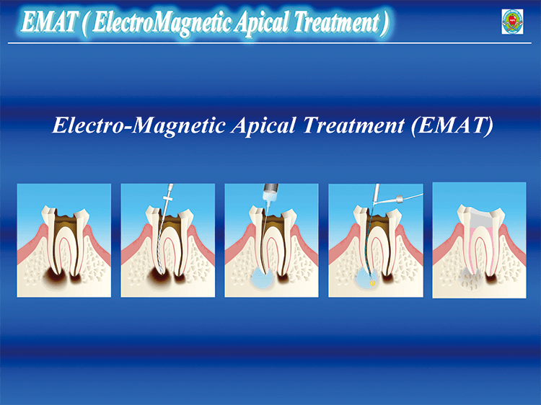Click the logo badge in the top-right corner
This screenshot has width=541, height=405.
point(512,22)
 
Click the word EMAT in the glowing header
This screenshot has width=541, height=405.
point(48,22)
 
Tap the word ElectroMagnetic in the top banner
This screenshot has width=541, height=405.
point(161,23)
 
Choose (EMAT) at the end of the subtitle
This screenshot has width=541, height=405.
point(452,125)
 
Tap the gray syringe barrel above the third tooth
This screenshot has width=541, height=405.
point(270,188)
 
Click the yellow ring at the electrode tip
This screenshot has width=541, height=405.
point(372,283)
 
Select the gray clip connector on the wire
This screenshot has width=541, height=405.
point(399,199)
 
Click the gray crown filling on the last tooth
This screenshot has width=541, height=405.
point(480,216)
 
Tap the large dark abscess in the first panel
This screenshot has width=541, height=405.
point(56,277)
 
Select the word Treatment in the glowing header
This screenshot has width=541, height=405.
point(337,22)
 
